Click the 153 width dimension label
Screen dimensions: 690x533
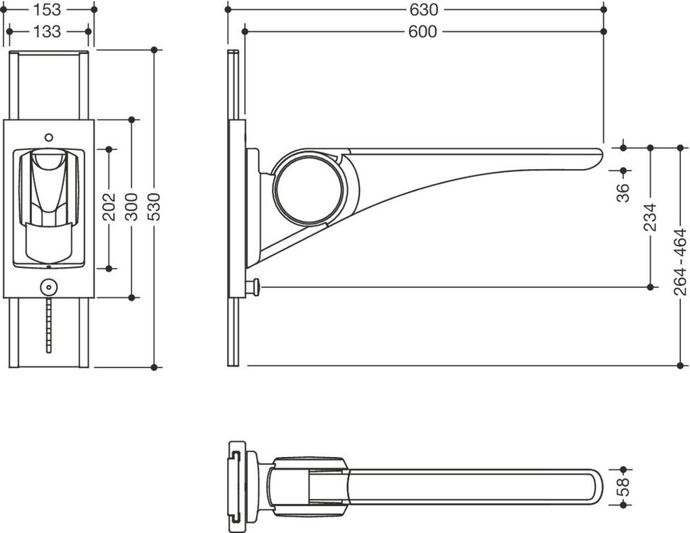pos(48,9)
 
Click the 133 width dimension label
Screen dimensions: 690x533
pos(48,31)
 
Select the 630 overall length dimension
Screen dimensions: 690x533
pos(423,9)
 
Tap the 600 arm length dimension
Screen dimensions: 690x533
pos(423,31)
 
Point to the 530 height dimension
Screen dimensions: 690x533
pos(154,207)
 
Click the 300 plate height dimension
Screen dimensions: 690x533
pos(131,207)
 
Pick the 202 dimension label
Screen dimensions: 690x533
pos(109,207)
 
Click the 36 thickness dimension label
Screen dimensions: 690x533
pos(623,193)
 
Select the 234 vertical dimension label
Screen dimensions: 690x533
pos(650,217)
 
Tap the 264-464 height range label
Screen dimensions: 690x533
pos(680,262)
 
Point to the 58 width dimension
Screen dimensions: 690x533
pos(623,488)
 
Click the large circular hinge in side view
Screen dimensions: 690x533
pos(310,187)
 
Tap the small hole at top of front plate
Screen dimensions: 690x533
pos(49,137)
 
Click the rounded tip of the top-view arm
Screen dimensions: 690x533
pos(598,488)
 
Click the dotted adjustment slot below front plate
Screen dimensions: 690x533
pos(48,325)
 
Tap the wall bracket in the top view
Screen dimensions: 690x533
pos(241,487)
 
